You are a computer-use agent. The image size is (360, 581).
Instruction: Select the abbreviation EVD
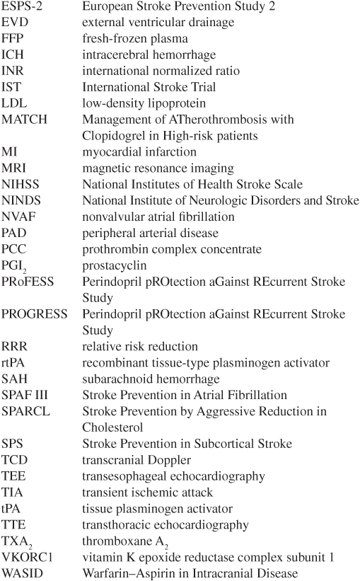point(15,23)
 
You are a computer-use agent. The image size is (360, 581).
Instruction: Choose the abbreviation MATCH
point(24,120)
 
